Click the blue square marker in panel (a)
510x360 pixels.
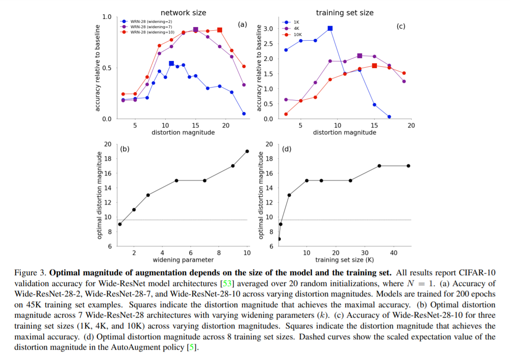[x=172, y=64]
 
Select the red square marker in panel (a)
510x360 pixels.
[x=219, y=30]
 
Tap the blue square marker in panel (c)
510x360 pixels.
[x=330, y=28]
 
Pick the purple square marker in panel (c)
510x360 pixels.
[x=359, y=56]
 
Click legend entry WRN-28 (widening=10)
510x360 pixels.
[x=148, y=32]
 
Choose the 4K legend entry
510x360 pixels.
[x=292, y=28]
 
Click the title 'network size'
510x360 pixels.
[x=183, y=13]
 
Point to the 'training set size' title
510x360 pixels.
[x=345, y=13]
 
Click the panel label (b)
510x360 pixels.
[x=125, y=149]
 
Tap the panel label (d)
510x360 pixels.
[x=287, y=149]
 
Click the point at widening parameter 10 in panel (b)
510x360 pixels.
[x=247, y=151]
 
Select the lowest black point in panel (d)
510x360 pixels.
[x=279, y=239]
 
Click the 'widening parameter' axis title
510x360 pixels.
[x=183, y=260]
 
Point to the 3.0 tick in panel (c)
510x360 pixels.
[x=269, y=28]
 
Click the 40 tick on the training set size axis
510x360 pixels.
[x=394, y=253]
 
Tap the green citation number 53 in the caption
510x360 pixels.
[x=227, y=283]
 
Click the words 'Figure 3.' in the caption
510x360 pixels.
[x=31, y=273]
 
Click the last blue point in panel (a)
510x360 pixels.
[x=244, y=114]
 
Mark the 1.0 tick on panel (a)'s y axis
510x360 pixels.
[x=107, y=17]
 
